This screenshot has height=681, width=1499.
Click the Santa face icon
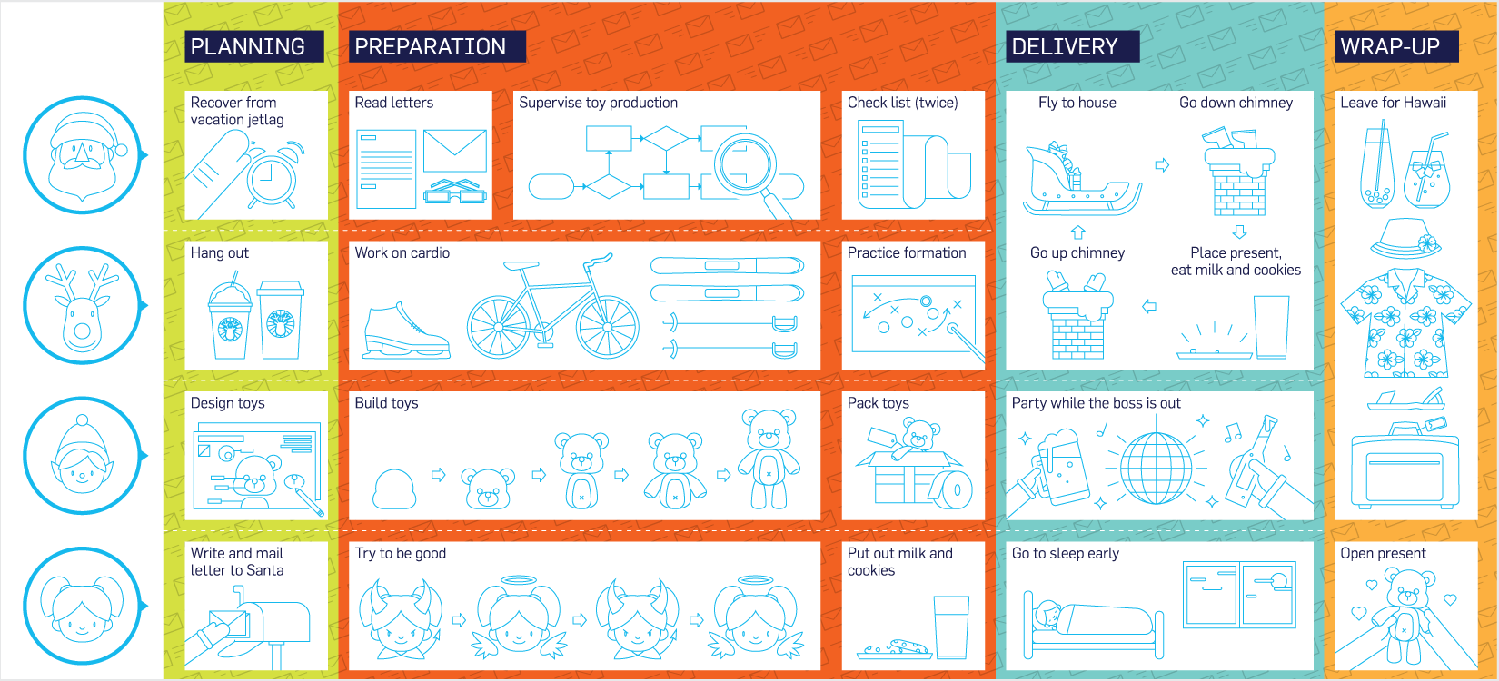tap(82, 155)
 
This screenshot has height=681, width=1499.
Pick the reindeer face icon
tap(82, 306)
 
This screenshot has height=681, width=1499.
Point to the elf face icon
tap(82, 456)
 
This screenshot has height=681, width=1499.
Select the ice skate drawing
tap(404, 331)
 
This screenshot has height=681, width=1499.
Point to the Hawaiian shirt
tap(1405, 322)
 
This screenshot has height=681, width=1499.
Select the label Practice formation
tap(907, 253)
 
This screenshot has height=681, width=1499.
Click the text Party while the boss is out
tap(1097, 403)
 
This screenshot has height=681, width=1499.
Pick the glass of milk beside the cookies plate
tap(951, 627)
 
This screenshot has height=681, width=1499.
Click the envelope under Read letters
tap(454, 151)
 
